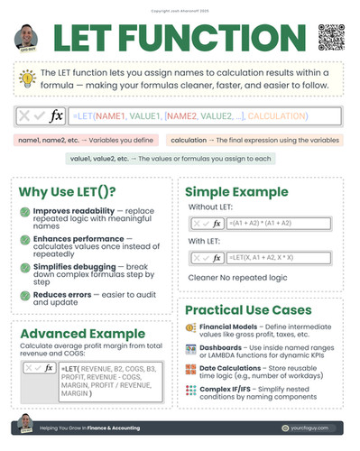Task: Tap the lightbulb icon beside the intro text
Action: coord(31,80)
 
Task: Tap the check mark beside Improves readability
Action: coord(25,211)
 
